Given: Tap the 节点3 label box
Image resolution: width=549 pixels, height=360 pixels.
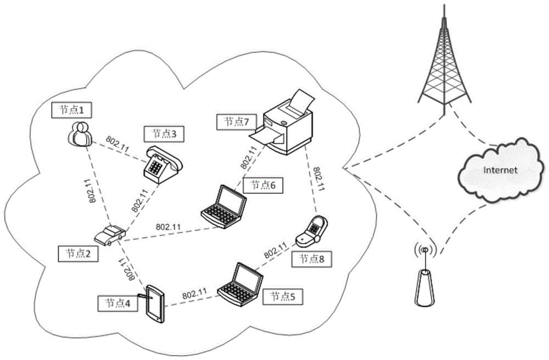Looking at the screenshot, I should point(163,133).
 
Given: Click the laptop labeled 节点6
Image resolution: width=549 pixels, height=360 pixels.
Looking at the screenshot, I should point(222,206).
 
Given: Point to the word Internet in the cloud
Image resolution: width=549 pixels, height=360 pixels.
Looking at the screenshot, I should point(500,170).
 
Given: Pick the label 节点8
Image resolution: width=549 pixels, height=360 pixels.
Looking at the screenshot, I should point(311,258).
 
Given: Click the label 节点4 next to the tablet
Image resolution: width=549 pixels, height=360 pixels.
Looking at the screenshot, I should point(117,302).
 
